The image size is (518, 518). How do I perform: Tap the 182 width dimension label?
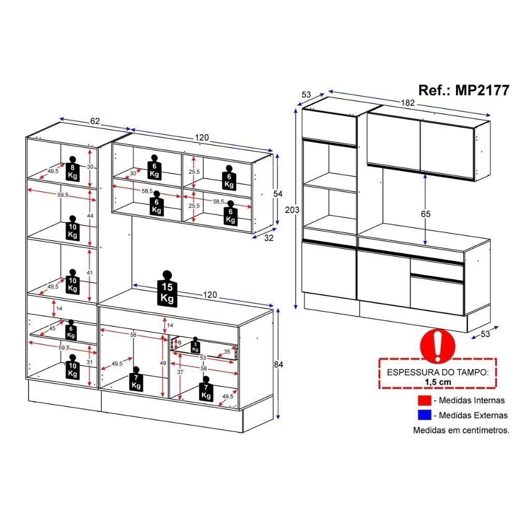409,103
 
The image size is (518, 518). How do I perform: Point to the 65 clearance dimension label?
425,213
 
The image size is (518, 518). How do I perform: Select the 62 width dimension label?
95,121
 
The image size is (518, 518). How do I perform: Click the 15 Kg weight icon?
167,289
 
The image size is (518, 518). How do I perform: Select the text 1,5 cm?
437,381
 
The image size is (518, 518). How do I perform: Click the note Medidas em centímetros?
461,430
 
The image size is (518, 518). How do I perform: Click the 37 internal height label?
180,372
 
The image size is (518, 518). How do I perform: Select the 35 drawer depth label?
227,352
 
